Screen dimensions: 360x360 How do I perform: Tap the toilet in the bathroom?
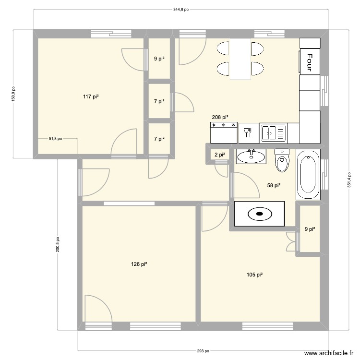click(282, 160)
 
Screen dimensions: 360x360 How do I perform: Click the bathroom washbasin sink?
click(251, 156)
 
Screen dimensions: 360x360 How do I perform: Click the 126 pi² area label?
click(139, 264)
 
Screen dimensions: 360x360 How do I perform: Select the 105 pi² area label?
click(254, 275)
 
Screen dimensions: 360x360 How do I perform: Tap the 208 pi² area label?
click(220, 117)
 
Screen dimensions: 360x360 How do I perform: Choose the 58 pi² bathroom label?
click(274, 186)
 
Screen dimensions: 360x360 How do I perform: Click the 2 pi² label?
click(219, 155)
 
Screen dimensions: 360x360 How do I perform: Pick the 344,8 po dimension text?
click(181, 9)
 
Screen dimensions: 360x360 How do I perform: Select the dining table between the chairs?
click(240, 59)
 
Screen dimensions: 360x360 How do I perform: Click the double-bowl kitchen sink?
click(273, 132)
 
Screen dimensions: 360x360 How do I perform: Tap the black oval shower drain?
click(259, 214)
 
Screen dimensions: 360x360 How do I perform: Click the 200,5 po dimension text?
click(58, 244)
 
